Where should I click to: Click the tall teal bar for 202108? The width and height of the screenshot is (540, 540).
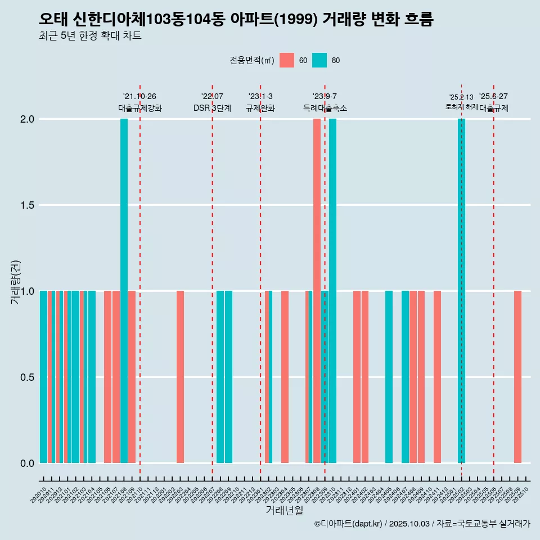(124, 291)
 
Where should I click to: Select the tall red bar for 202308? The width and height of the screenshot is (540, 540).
(317, 291)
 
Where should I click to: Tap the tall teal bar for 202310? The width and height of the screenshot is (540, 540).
(333, 291)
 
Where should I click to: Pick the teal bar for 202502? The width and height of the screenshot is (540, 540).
(461, 291)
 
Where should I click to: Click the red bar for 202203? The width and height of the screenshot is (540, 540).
(180, 377)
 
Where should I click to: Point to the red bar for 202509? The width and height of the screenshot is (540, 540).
(517, 377)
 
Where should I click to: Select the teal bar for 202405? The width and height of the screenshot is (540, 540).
(389, 377)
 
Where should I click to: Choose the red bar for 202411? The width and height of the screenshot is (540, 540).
(437, 377)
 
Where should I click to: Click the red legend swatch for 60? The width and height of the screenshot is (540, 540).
(287, 60)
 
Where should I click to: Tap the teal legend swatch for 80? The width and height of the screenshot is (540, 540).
(319, 60)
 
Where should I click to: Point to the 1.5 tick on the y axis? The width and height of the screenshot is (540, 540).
(26, 205)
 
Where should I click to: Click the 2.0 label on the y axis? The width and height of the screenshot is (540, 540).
(26, 119)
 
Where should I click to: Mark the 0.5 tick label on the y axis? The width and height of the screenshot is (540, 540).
(26, 377)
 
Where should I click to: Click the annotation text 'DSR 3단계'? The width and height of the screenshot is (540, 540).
(212, 109)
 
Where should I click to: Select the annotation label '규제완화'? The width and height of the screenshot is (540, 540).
(260, 109)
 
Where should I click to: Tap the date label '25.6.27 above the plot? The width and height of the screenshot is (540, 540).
(493, 97)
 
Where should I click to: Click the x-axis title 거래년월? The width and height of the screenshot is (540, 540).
(284, 510)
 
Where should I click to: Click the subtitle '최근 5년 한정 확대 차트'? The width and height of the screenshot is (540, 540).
(90, 36)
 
